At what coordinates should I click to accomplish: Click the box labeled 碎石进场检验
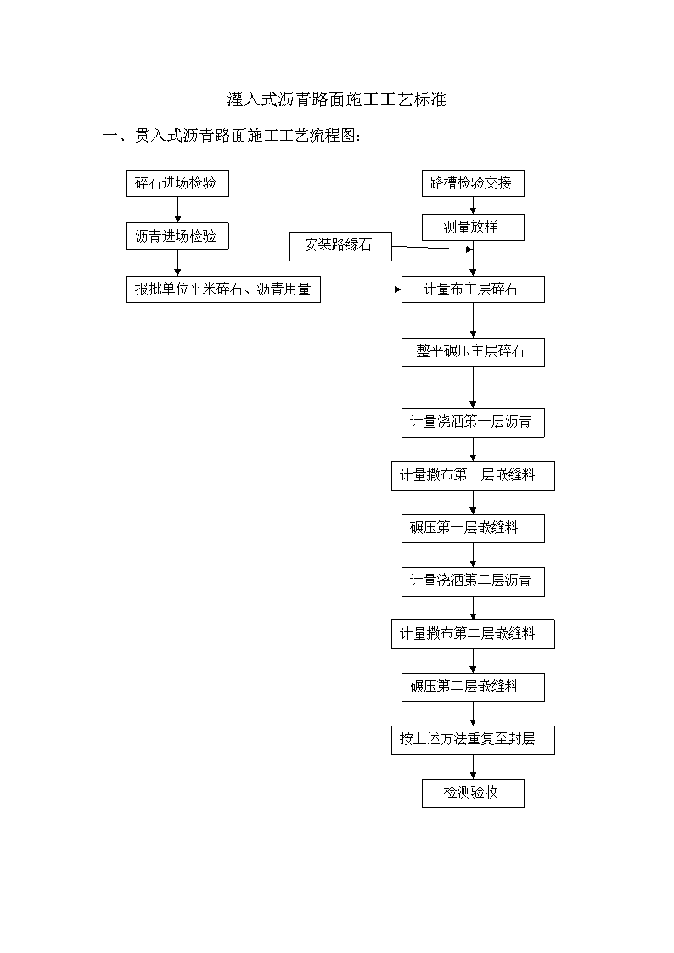click(x=177, y=183)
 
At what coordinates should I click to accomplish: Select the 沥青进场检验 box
click(x=177, y=237)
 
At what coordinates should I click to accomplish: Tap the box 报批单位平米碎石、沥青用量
click(x=223, y=289)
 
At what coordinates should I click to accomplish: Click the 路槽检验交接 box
click(x=473, y=183)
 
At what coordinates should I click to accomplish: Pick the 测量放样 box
click(x=473, y=227)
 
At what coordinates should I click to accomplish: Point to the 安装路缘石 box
click(x=340, y=246)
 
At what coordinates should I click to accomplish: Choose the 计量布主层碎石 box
click(x=473, y=289)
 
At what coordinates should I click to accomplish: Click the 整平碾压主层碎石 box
click(x=473, y=352)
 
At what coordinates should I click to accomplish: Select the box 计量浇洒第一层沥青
click(x=473, y=423)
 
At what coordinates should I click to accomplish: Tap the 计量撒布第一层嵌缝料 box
click(x=473, y=475)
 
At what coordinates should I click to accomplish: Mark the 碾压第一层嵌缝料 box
click(x=473, y=528)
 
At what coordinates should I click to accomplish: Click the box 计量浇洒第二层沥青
click(x=473, y=581)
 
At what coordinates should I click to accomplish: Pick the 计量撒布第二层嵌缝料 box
click(x=473, y=634)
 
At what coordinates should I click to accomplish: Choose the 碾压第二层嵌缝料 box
click(x=473, y=687)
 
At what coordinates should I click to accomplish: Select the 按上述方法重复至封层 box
click(x=473, y=740)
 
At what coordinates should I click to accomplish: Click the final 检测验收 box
click(x=473, y=793)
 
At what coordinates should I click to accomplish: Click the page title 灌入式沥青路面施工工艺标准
click(x=337, y=99)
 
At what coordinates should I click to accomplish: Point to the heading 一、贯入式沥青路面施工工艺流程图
click(x=232, y=135)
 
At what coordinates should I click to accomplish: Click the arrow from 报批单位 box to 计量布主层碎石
click(x=361, y=289)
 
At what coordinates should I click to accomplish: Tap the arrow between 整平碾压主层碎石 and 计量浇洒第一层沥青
click(x=473, y=387)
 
